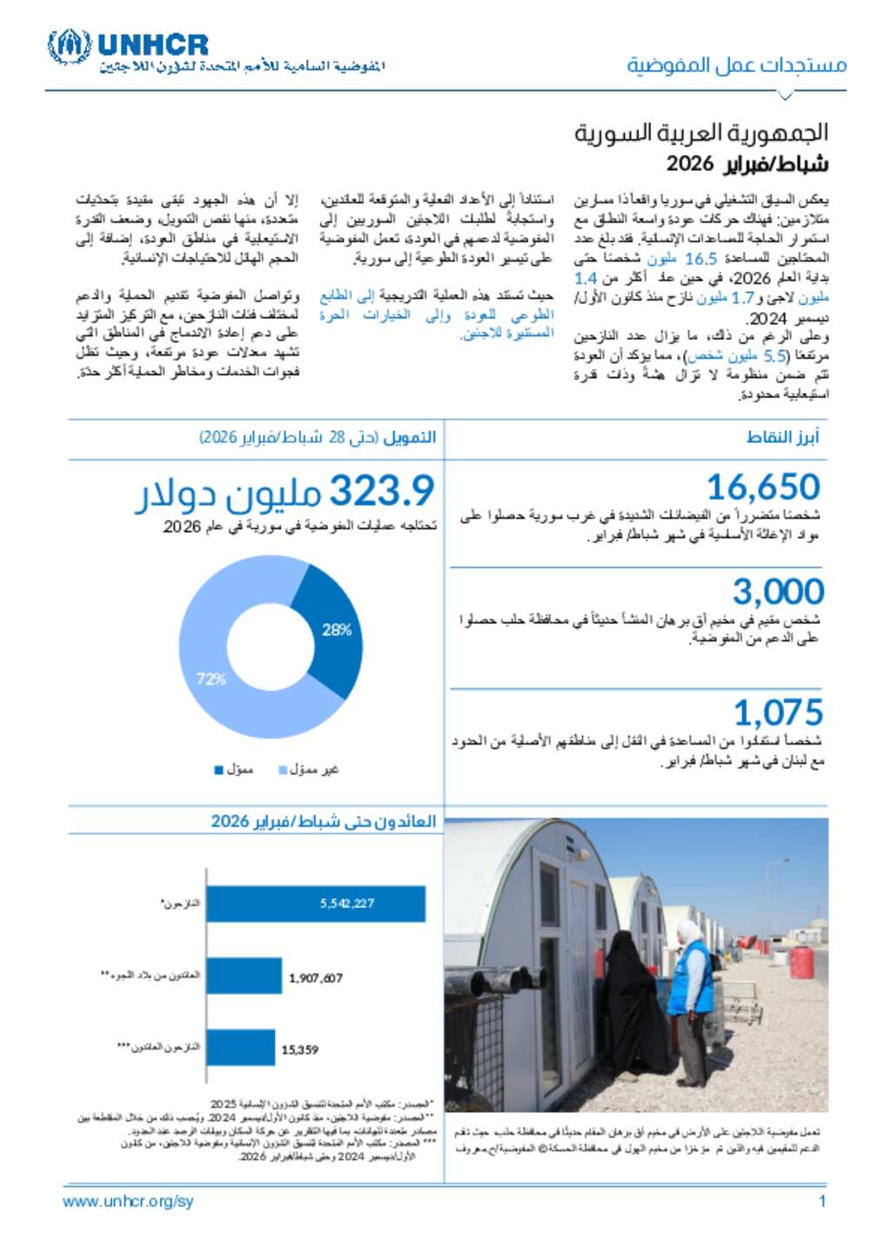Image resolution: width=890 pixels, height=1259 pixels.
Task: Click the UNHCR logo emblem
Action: pyautogui.click(x=69, y=46)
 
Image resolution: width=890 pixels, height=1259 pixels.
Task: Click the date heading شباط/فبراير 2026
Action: pyautogui.click(x=747, y=163)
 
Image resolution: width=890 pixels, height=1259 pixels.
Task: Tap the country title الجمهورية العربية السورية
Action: pyautogui.click(x=701, y=133)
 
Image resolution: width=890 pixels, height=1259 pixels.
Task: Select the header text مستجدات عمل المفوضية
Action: pyautogui.click(x=737, y=65)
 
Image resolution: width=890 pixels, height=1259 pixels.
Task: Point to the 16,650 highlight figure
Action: pyautogui.click(x=763, y=487)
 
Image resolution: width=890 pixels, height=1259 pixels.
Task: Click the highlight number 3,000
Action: pyautogui.click(x=778, y=592)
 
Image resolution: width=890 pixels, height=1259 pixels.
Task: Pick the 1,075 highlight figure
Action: pyautogui.click(x=778, y=713)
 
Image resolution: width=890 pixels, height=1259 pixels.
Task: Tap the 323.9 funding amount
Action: pyautogui.click(x=382, y=491)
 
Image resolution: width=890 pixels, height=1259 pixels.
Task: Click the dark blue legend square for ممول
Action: pyautogui.click(x=219, y=770)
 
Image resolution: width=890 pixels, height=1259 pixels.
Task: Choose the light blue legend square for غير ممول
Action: pyautogui.click(x=282, y=770)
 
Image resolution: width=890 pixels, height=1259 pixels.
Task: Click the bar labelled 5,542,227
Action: pyautogui.click(x=315, y=904)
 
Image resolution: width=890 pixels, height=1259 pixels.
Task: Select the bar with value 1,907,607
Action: pyautogui.click(x=244, y=977)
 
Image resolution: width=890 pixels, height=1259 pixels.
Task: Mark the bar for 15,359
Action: pyautogui.click(x=241, y=1048)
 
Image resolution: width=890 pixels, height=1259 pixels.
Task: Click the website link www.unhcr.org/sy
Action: pyautogui.click(x=128, y=1202)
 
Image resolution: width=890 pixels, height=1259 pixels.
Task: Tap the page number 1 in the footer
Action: pyautogui.click(x=821, y=1202)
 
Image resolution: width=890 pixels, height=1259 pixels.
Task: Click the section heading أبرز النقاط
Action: pyautogui.click(x=782, y=437)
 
